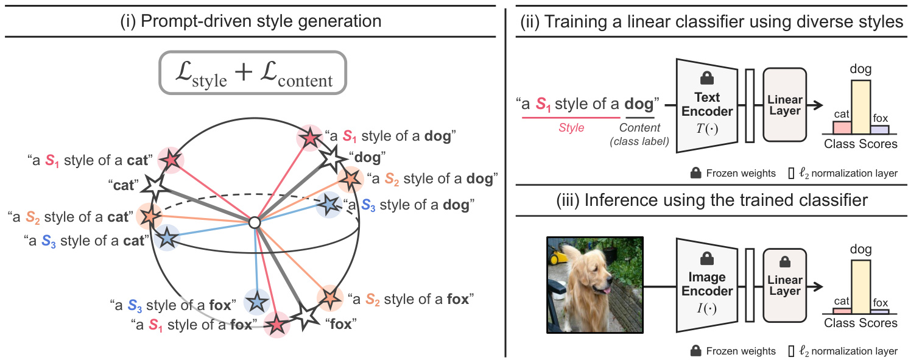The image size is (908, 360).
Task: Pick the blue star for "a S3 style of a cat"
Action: (x=166, y=238)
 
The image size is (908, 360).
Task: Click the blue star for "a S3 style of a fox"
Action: (x=256, y=302)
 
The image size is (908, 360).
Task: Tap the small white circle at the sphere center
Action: (x=255, y=224)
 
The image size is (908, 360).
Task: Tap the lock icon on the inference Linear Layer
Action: (x=784, y=261)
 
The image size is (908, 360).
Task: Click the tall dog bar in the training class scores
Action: (x=860, y=106)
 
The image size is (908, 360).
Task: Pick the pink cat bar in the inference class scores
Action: (x=842, y=311)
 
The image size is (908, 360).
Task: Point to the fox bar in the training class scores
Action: (x=879, y=129)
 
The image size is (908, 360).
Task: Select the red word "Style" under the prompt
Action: (x=571, y=128)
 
